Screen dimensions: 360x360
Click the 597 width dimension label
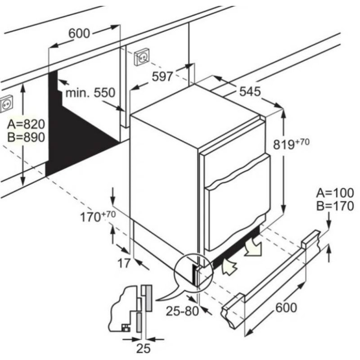pos(162,76)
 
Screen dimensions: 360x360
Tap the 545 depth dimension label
pos(250,91)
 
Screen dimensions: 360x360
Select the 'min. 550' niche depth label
pos(90,93)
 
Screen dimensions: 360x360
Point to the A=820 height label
pos(26,124)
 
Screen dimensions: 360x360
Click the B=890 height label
pos(26,137)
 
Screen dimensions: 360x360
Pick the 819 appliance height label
pos(291,144)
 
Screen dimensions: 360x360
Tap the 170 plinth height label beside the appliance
pos(98,216)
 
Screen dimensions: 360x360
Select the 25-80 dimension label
pos(182,311)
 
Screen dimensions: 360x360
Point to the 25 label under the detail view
pos(144,348)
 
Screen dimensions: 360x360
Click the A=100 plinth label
pos(335,193)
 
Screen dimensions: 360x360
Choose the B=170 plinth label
pos(335,206)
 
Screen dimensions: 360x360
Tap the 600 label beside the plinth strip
pos(286,307)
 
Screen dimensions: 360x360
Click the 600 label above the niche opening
pos(79,33)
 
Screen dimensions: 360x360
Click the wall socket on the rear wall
pos(142,57)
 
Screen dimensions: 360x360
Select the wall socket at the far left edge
pos(6,104)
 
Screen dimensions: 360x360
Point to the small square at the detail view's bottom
pos(126,328)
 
